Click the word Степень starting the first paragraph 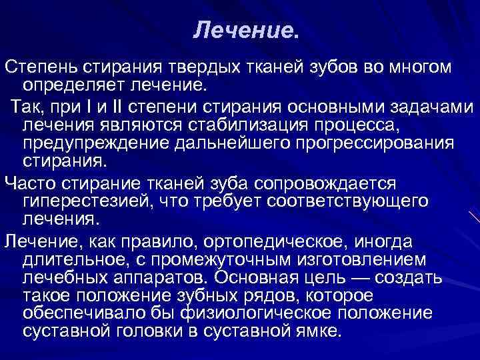tap(42, 68)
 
